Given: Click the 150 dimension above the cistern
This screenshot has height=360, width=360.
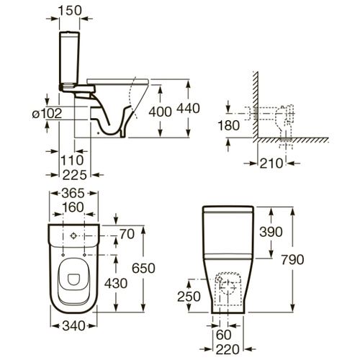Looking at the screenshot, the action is point(70,10).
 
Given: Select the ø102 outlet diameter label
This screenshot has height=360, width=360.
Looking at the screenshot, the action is point(47,114).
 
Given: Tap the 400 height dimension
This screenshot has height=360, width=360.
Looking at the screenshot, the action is point(160,112).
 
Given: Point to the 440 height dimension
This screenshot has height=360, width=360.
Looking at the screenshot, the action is point(188,108).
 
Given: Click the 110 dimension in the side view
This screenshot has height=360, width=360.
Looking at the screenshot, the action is point(72,160).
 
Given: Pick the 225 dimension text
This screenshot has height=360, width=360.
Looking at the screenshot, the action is point(74,175).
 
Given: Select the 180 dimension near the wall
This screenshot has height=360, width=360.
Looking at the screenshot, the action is point(228,125).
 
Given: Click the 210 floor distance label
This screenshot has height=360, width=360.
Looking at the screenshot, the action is point(271,163).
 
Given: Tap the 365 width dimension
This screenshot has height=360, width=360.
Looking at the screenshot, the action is point(73,193).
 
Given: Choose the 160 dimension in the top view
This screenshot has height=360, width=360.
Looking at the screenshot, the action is point(73,207).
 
